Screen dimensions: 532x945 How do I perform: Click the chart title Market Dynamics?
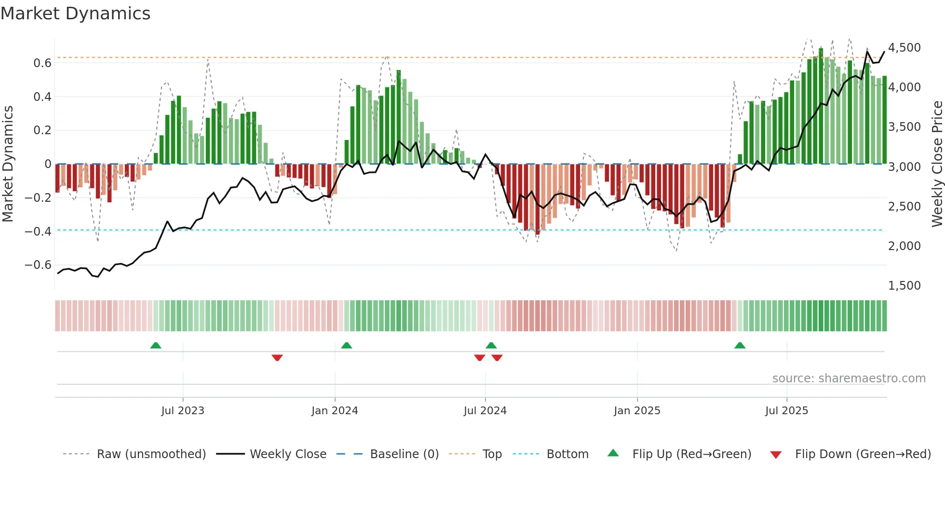(75, 14)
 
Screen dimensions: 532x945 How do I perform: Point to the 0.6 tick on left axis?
(42, 63)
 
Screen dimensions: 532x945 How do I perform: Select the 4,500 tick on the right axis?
(904, 48)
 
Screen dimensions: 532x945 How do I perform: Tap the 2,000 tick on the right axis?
(904, 246)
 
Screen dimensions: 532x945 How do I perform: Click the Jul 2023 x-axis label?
(183, 411)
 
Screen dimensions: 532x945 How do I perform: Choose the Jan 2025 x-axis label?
(637, 411)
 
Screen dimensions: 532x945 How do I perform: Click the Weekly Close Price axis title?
(937, 164)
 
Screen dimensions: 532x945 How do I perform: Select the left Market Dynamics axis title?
(8, 164)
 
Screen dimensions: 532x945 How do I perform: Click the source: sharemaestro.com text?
(849, 378)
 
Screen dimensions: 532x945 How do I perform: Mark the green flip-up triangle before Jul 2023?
(156, 345)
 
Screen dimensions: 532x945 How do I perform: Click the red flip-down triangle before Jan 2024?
(277, 358)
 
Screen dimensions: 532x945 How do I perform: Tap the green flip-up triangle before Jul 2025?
(740, 345)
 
